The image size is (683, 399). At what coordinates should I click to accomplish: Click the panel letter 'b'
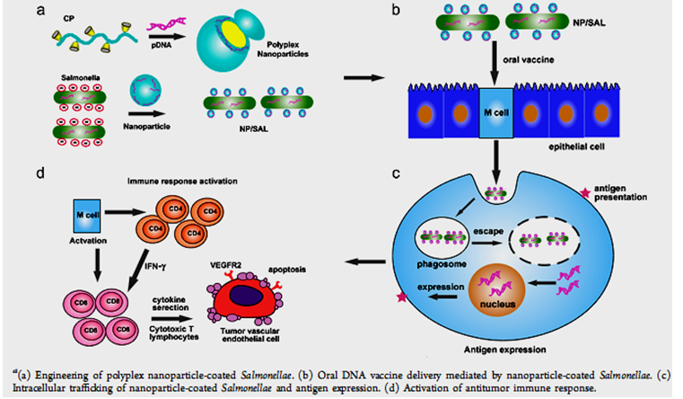(434, 11)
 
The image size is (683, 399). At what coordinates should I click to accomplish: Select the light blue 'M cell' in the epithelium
(492, 117)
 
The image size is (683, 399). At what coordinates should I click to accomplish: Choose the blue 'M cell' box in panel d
(89, 217)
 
